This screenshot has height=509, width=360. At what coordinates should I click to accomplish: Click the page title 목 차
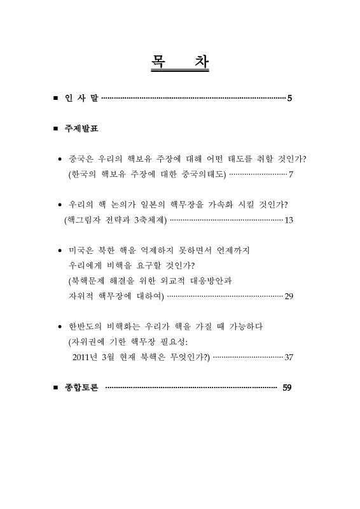tap(180, 64)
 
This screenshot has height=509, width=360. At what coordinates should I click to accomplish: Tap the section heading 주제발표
tap(81, 129)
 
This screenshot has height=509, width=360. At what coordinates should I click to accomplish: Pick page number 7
tap(291, 174)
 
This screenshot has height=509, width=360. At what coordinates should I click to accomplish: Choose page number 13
tap(289, 220)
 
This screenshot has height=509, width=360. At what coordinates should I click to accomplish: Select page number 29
tap(289, 296)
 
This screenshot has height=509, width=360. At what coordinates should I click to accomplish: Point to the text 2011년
tap(87, 356)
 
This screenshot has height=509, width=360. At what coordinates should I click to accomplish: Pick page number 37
tap(289, 356)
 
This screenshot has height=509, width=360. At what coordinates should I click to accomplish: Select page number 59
tap(287, 387)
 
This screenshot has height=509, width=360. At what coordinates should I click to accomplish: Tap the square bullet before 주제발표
tap(56, 130)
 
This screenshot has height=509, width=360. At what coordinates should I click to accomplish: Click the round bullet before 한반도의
tap(59, 327)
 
